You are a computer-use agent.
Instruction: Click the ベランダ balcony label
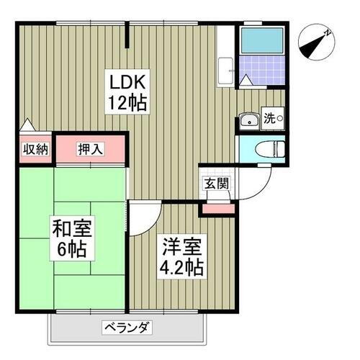point(125,328)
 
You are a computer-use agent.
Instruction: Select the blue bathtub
point(264,42)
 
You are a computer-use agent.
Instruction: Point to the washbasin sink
point(249,120)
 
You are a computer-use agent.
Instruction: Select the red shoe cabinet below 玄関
point(218,209)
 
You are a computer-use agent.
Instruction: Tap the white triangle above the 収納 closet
point(26,126)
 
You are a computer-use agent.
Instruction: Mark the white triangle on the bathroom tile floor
point(247,82)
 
